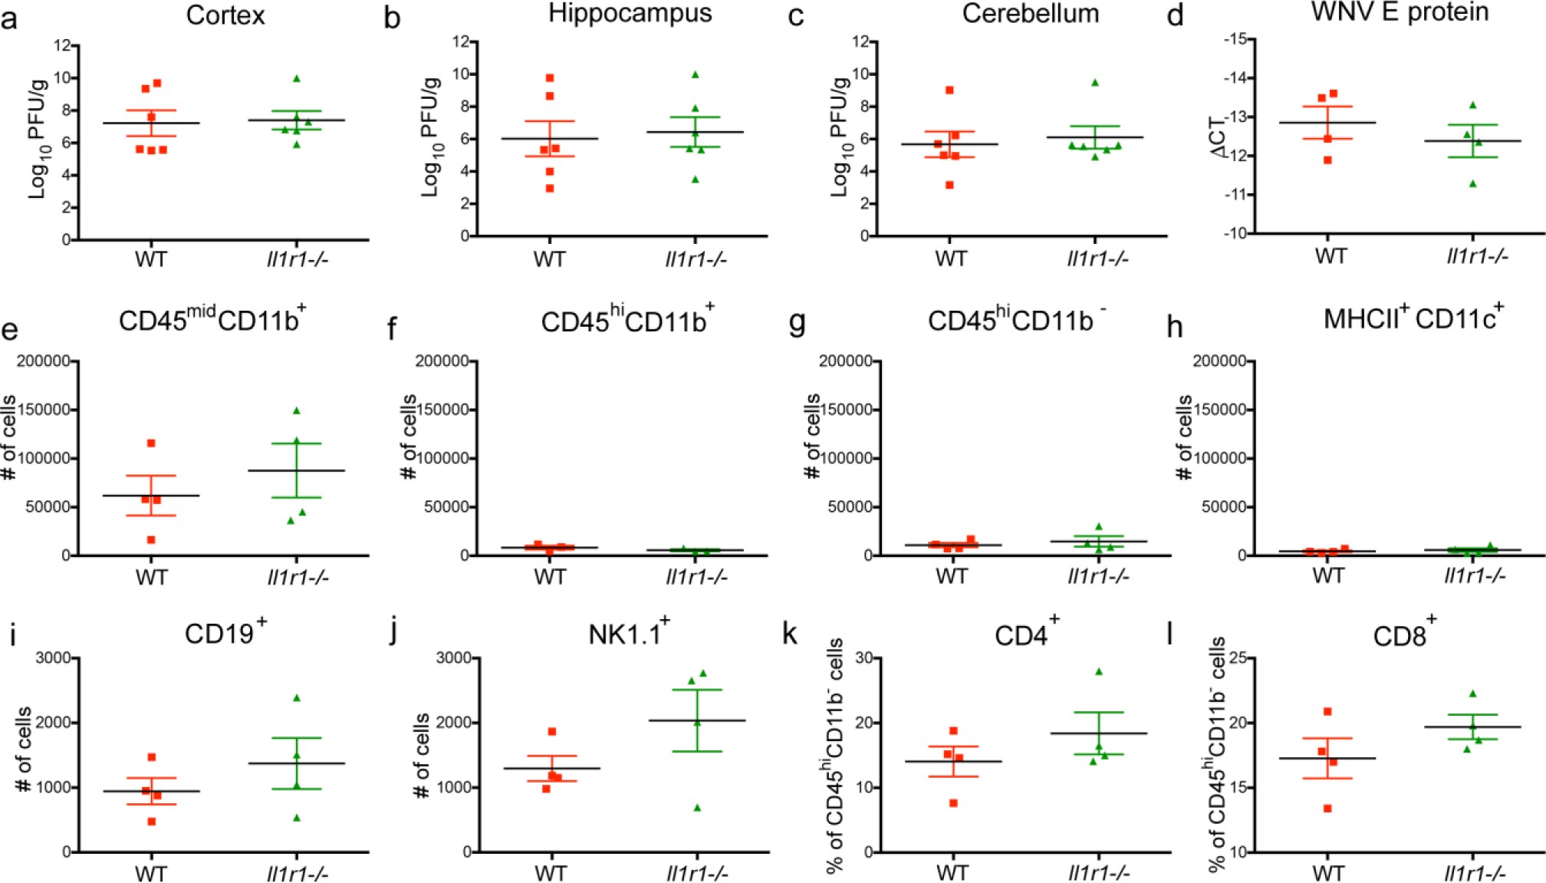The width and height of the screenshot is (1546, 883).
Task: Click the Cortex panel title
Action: pos(225,15)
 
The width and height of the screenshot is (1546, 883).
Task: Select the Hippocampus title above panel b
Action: pos(629,13)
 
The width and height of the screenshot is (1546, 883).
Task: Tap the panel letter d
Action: pos(1175,16)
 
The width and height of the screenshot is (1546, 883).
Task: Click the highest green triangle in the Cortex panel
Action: pos(297,78)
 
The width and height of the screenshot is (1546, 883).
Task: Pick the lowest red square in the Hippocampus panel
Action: pos(550,188)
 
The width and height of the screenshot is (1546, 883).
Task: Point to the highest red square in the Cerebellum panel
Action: pos(949,90)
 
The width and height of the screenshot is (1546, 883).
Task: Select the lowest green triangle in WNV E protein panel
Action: pos(1472,183)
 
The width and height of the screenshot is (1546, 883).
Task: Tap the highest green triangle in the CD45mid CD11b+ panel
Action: pos(297,410)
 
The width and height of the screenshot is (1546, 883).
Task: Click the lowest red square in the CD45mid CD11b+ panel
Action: pos(151,539)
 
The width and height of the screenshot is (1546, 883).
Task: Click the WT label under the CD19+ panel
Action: pos(151,873)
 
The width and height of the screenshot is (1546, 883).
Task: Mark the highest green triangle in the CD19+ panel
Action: pos(297,697)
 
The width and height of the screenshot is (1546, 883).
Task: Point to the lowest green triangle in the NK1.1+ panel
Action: pos(697,807)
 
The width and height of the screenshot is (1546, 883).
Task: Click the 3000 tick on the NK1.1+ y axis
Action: pos(454,657)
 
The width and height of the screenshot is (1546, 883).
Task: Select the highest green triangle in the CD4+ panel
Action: pos(1098,671)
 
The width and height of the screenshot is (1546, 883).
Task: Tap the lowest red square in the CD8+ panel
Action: pos(1327,808)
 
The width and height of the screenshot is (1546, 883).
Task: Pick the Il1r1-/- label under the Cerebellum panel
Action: pos(1097,259)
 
